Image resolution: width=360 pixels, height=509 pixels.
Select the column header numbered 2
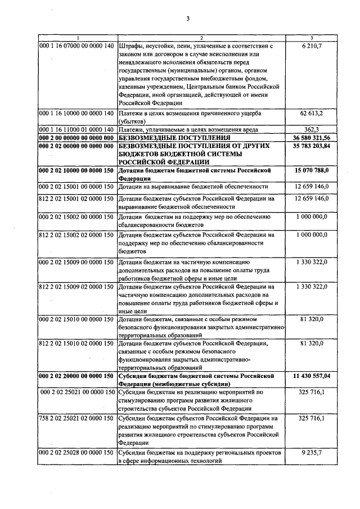[201, 38]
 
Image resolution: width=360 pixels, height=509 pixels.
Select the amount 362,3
[314, 129]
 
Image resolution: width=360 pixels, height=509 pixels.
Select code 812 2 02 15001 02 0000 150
[76, 199]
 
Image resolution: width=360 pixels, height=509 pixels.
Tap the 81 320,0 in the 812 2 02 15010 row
[314, 344]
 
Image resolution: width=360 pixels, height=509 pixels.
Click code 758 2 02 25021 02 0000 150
[76, 419]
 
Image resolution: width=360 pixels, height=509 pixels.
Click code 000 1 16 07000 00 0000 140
[76, 44]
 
